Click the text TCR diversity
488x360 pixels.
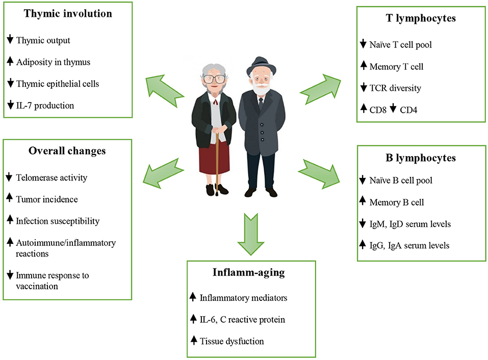(395, 88)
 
